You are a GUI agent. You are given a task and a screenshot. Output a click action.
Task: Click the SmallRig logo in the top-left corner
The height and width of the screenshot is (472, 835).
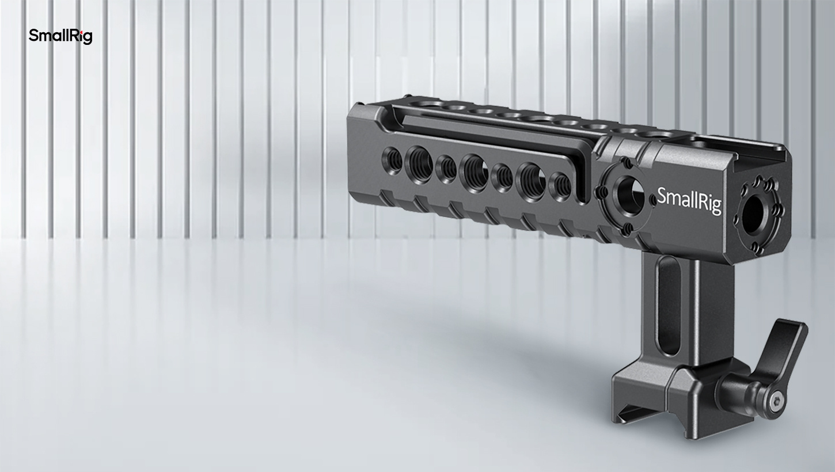[60, 36]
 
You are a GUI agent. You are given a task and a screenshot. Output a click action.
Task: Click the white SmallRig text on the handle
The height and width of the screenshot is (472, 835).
[689, 201]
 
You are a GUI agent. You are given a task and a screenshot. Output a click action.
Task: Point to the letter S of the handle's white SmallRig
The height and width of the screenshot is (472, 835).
[662, 196]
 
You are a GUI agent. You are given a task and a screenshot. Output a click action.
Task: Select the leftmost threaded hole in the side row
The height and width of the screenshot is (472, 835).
[393, 160]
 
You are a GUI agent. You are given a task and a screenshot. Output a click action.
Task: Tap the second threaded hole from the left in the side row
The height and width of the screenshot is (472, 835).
[419, 164]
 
